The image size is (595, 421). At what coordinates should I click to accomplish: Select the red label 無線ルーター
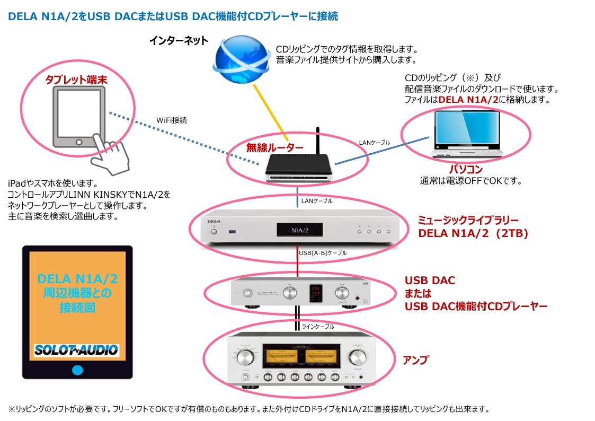tap(275, 148)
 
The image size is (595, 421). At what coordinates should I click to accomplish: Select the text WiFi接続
tap(172, 120)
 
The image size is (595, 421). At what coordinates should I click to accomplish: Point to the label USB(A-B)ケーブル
tap(323, 253)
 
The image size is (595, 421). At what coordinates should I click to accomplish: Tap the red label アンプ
tap(415, 361)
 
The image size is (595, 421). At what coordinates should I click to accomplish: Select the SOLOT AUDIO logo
tap(76, 350)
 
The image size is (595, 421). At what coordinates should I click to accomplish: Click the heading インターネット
tap(179, 41)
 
